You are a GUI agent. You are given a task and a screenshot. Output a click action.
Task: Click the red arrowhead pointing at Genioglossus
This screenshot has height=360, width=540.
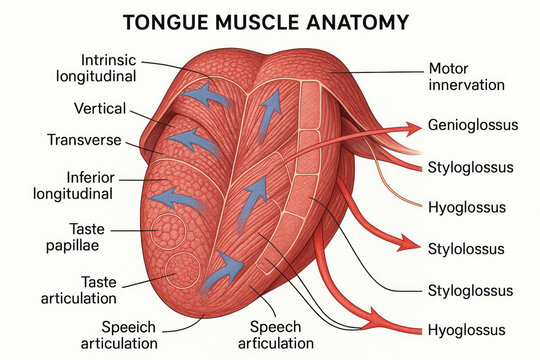pyautogui.click(x=410, y=129)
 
